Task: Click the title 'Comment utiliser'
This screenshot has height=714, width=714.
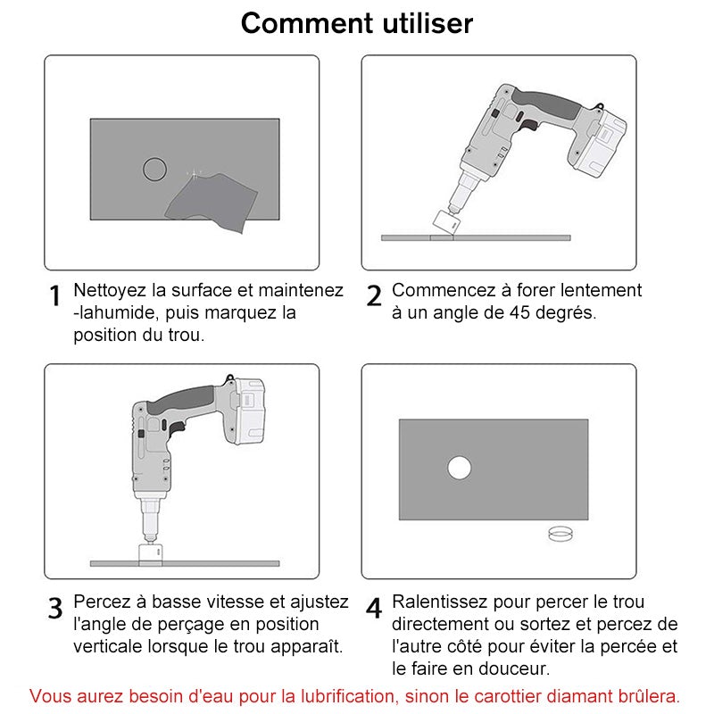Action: tap(357, 22)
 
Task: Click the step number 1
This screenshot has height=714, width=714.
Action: tap(55, 296)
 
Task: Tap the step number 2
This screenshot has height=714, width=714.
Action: tap(375, 296)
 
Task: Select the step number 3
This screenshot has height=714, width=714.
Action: tap(55, 609)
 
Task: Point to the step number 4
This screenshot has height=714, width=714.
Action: tap(375, 609)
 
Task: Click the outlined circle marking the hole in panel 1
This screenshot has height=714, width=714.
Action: tap(155, 169)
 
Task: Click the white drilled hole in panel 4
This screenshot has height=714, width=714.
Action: tap(459, 468)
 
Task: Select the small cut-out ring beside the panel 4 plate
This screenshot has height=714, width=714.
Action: tap(560, 534)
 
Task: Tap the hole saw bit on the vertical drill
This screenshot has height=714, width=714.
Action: tap(152, 553)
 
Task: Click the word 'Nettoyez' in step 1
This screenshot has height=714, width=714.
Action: tap(109, 290)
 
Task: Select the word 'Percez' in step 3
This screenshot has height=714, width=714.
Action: tap(100, 602)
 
